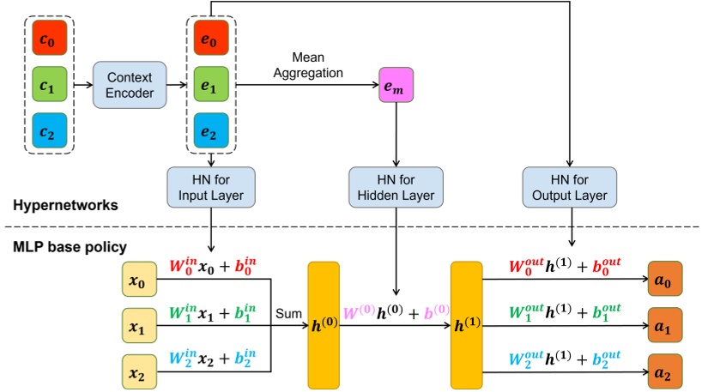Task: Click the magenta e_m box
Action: (396, 86)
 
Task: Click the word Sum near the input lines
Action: (287, 316)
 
